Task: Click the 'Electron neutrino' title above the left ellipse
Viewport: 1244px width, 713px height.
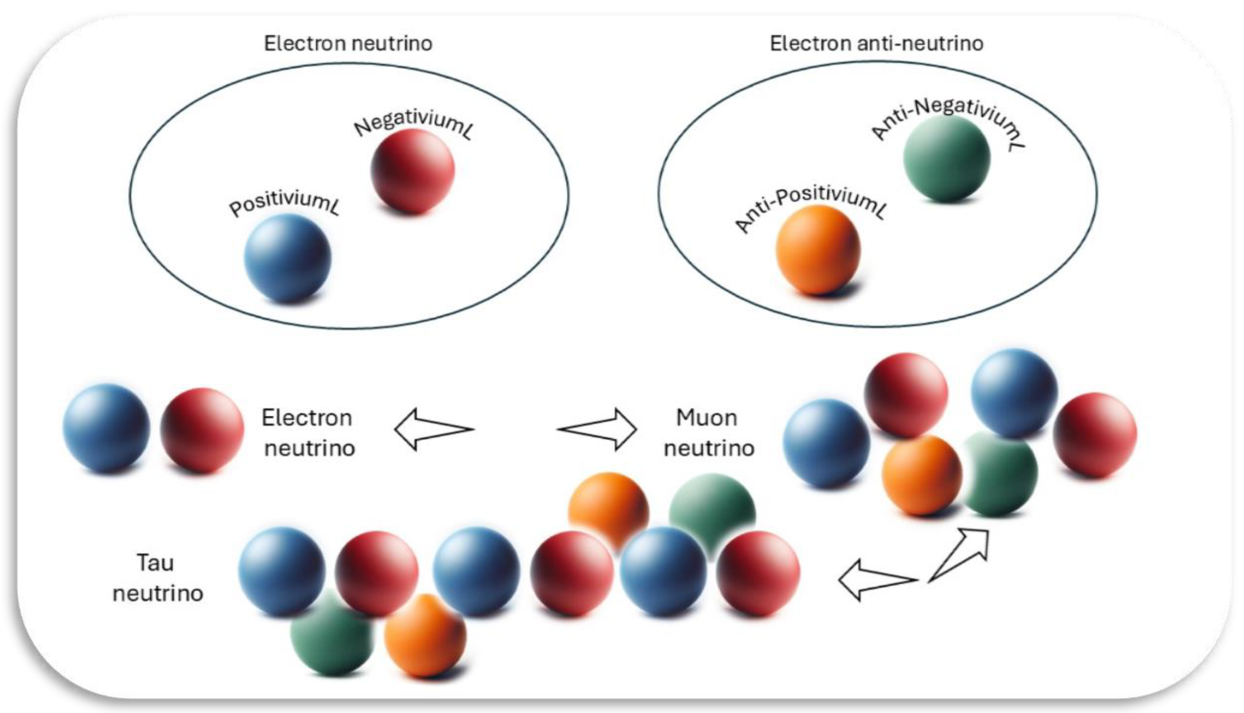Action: point(348,43)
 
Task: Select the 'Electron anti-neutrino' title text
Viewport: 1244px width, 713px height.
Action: point(876,43)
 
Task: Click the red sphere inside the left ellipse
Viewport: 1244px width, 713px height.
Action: point(412,171)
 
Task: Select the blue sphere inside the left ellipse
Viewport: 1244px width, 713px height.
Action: point(287,258)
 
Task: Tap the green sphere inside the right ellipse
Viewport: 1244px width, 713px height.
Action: point(946,158)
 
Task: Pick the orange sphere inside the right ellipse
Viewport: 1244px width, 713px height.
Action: point(818,250)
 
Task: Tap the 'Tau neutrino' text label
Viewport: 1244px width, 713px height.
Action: point(157,578)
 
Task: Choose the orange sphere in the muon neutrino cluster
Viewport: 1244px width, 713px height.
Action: point(921,474)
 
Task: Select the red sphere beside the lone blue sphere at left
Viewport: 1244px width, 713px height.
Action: point(202,430)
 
